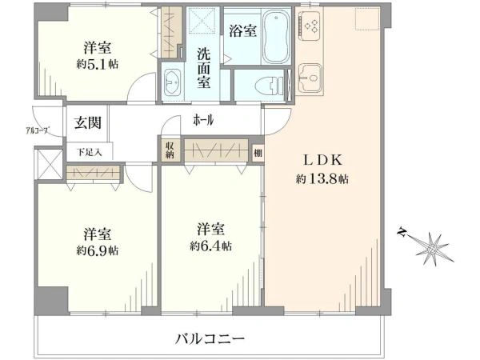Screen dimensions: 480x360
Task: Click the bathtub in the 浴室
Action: point(277,37)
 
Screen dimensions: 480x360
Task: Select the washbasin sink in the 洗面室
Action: point(172,82)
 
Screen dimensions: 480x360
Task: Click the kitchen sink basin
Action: point(310,78)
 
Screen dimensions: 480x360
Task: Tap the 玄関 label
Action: point(87,122)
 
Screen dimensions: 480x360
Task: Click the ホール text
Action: point(203,120)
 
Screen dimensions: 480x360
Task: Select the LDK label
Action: point(322,160)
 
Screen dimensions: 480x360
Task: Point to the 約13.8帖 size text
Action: point(322,178)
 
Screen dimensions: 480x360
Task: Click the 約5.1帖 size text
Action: point(98,64)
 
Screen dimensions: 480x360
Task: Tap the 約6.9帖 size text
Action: point(98,250)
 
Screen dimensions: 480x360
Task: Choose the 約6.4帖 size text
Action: point(210,246)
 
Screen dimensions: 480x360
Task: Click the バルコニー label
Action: point(210,338)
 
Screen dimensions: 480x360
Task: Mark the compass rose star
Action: point(432,248)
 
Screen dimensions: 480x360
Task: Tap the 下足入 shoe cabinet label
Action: point(89,152)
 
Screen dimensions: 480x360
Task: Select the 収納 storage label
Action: point(170,150)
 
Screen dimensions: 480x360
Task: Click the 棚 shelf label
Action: point(258,152)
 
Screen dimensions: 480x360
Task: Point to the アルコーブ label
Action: point(38,130)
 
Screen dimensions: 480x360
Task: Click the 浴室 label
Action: point(243,30)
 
